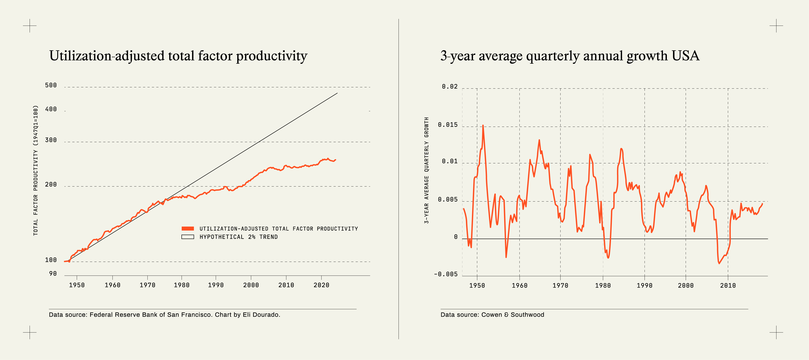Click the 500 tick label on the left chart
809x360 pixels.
point(51,85)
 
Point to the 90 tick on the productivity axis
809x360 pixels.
point(53,274)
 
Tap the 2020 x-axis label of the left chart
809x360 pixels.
point(321,285)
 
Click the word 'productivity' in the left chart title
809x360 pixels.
point(271,57)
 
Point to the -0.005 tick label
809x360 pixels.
point(446,274)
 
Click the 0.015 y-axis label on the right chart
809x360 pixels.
point(448,125)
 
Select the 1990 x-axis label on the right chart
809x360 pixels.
point(644,286)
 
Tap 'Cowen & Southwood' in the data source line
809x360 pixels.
point(513,314)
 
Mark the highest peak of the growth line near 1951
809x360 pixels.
point(483,126)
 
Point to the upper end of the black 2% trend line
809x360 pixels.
point(337,93)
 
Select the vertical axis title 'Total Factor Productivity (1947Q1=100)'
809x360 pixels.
point(36,170)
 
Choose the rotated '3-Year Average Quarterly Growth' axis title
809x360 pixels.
point(426,170)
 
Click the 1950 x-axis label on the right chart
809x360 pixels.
point(477,286)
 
